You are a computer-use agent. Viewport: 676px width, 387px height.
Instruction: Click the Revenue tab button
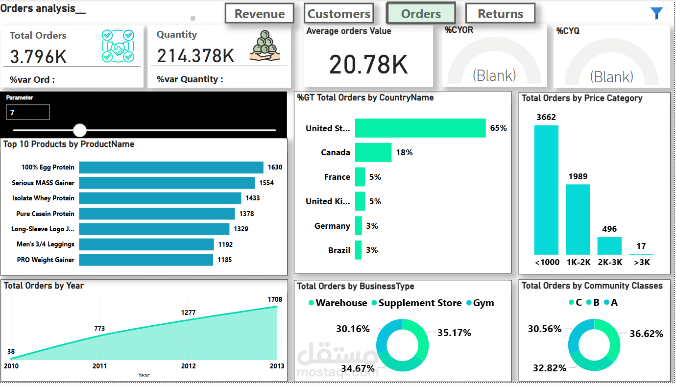tap(259, 14)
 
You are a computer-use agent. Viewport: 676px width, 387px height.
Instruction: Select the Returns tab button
tap(500, 14)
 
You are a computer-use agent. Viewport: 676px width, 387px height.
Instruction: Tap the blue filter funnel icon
tap(657, 13)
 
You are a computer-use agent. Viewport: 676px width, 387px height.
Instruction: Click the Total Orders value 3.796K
tap(38, 57)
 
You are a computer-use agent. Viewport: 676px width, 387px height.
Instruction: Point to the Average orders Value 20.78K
tap(368, 64)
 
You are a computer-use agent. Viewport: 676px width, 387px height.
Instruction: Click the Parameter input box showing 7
tap(28, 113)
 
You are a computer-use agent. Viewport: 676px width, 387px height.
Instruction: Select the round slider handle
tap(80, 130)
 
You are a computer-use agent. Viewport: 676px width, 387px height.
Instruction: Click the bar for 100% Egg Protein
tap(171, 168)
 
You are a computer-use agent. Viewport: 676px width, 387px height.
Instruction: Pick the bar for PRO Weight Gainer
tap(146, 260)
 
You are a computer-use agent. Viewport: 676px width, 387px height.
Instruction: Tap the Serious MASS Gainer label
tap(43, 183)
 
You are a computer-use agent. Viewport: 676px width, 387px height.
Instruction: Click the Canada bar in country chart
tap(373, 152)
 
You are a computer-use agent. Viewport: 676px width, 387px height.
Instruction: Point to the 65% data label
tap(498, 128)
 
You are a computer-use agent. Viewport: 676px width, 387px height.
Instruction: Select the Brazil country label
tap(339, 250)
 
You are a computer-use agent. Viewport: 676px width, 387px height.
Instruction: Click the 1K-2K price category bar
tap(578, 219)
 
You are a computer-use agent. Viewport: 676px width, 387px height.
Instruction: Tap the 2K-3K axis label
tap(610, 262)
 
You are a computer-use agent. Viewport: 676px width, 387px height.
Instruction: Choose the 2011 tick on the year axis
tap(99, 366)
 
